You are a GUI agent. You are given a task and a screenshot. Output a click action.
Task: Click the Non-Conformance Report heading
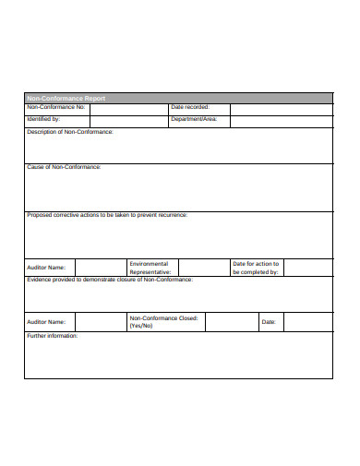[x=66, y=98]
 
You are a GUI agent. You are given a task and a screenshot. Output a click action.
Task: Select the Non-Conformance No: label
[x=56, y=108]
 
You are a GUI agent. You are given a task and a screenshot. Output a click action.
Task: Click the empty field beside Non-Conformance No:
[x=128, y=109]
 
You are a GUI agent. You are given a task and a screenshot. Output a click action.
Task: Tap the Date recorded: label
[x=190, y=108]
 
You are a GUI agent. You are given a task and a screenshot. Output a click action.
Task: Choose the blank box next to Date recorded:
[x=281, y=109]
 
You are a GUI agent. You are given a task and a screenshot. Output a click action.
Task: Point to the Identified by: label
[x=43, y=119]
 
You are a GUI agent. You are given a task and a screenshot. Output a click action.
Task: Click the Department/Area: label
[x=194, y=119]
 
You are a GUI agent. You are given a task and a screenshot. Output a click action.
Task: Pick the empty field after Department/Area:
[x=281, y=120]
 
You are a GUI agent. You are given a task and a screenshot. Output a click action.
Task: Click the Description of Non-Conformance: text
[x=70, y=132]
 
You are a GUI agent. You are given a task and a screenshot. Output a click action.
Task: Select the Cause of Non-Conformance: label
[x=64, y=167]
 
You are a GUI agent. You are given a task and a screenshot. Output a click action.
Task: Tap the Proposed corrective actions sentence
[x=107, y=215]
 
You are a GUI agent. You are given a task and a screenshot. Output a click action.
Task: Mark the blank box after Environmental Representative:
[x=203, y=268]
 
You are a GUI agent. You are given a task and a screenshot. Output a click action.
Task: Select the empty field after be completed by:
[x=308, y=268]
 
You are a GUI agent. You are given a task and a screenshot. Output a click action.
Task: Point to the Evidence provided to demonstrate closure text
[x=110, y=279]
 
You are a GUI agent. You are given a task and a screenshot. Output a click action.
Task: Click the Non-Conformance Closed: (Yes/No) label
[x=163, y=321]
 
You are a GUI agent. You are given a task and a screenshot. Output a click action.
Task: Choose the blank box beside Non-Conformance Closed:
[x=231, y=321]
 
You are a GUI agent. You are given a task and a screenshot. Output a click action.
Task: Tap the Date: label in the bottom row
[x=269, y=322]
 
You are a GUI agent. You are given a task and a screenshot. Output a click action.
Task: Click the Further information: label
[x=53, y=336]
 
